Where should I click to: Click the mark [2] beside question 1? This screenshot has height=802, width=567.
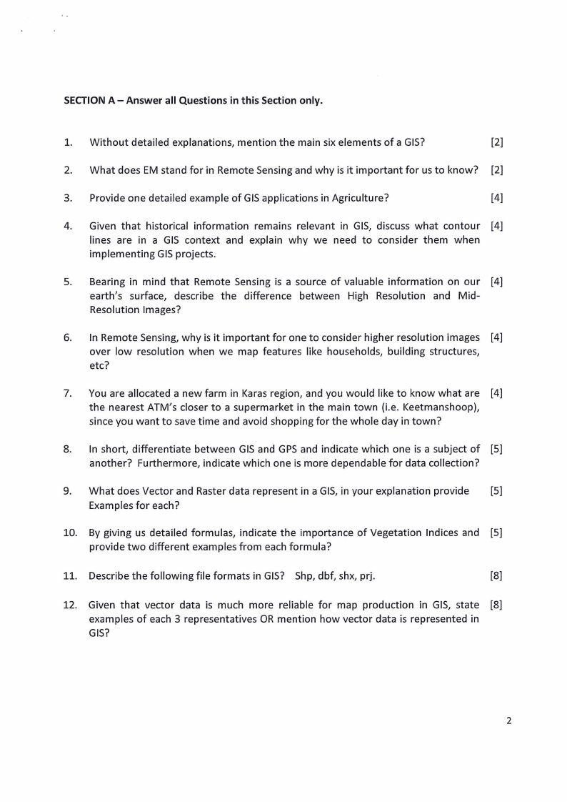click(x=497, y=142)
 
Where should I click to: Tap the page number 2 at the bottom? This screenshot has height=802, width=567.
click(x=508, y=721)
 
